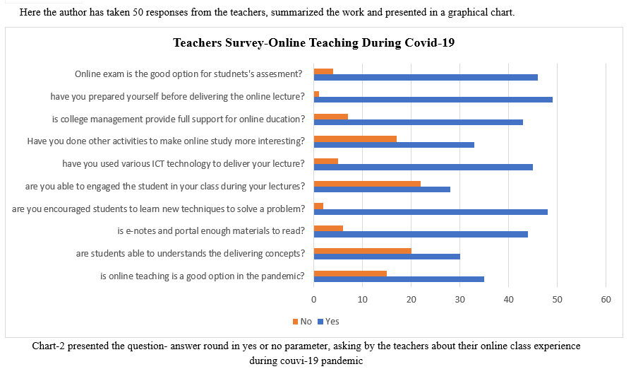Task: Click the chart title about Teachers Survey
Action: (x=313, y=42)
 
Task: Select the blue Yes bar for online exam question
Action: (x=426, y=77)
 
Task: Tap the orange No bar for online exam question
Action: (x=323, y=71)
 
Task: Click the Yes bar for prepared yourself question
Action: (x=433, y=100)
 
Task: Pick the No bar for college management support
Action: (x=330, y=116)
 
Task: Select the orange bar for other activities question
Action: (x=355, y=139)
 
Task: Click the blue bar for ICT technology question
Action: (x=423, y=167)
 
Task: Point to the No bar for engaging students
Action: (x=367, y=183)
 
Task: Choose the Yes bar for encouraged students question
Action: (x=431, y=211)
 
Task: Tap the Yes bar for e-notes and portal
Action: (x=421, y=234)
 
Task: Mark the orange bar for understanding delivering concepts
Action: (x=362, y=250)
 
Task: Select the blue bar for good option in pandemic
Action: (x=399, y=279)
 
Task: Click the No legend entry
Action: (x=302, y=322)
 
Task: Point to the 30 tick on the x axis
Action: (x=459, y=300)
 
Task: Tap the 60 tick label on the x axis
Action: (x=606, y=300)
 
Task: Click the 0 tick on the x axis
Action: (x=313, y=300)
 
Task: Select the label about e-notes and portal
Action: (x=210, y=230)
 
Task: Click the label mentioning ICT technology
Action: (x=184, y=163)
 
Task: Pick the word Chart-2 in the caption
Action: (x=48, y=346)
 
